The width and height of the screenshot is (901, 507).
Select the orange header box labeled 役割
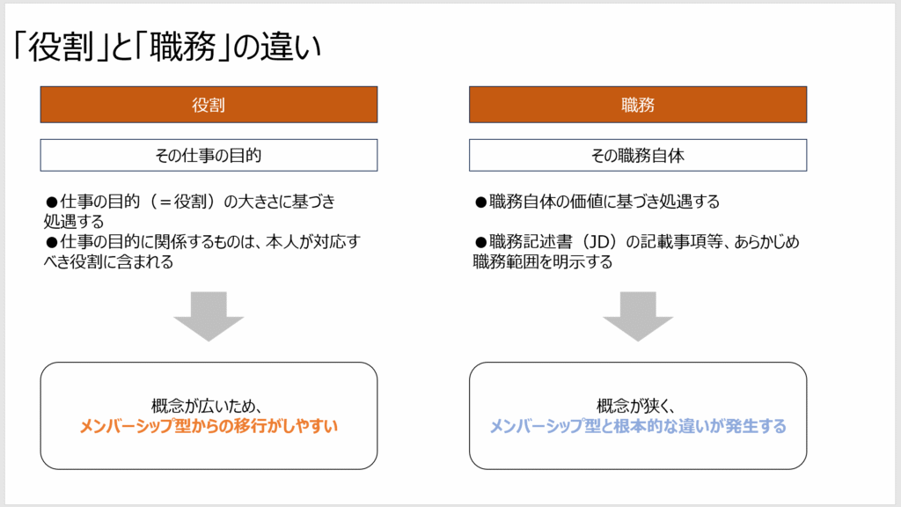point(209,105)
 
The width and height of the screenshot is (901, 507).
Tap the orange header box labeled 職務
point(638,105)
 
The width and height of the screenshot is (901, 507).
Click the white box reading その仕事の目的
point(209,155)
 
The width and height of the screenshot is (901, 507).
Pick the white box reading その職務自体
point(638,155)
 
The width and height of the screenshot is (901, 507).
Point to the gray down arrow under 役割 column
point(209,316)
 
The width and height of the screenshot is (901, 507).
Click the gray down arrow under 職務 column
point(638,316)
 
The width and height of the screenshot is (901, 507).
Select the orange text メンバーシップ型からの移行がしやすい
point(209,426)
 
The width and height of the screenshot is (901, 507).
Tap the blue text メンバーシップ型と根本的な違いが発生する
point(638,426)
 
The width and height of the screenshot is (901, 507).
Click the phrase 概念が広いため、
point(207,406)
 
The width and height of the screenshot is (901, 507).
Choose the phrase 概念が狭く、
point(636,406)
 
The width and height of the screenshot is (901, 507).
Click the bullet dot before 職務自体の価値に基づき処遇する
point(481,202)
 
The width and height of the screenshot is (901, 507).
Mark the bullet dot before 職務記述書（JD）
point(481,243)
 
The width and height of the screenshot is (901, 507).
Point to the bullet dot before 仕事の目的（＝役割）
point(52,202)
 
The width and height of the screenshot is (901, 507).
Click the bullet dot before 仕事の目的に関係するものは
point(52,243)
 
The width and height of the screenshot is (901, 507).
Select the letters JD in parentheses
point(599,242)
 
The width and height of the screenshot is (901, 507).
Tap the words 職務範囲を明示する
point(542,262)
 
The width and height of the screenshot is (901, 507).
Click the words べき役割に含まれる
point(108,262)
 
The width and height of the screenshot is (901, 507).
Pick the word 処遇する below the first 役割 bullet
point(74,222)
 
